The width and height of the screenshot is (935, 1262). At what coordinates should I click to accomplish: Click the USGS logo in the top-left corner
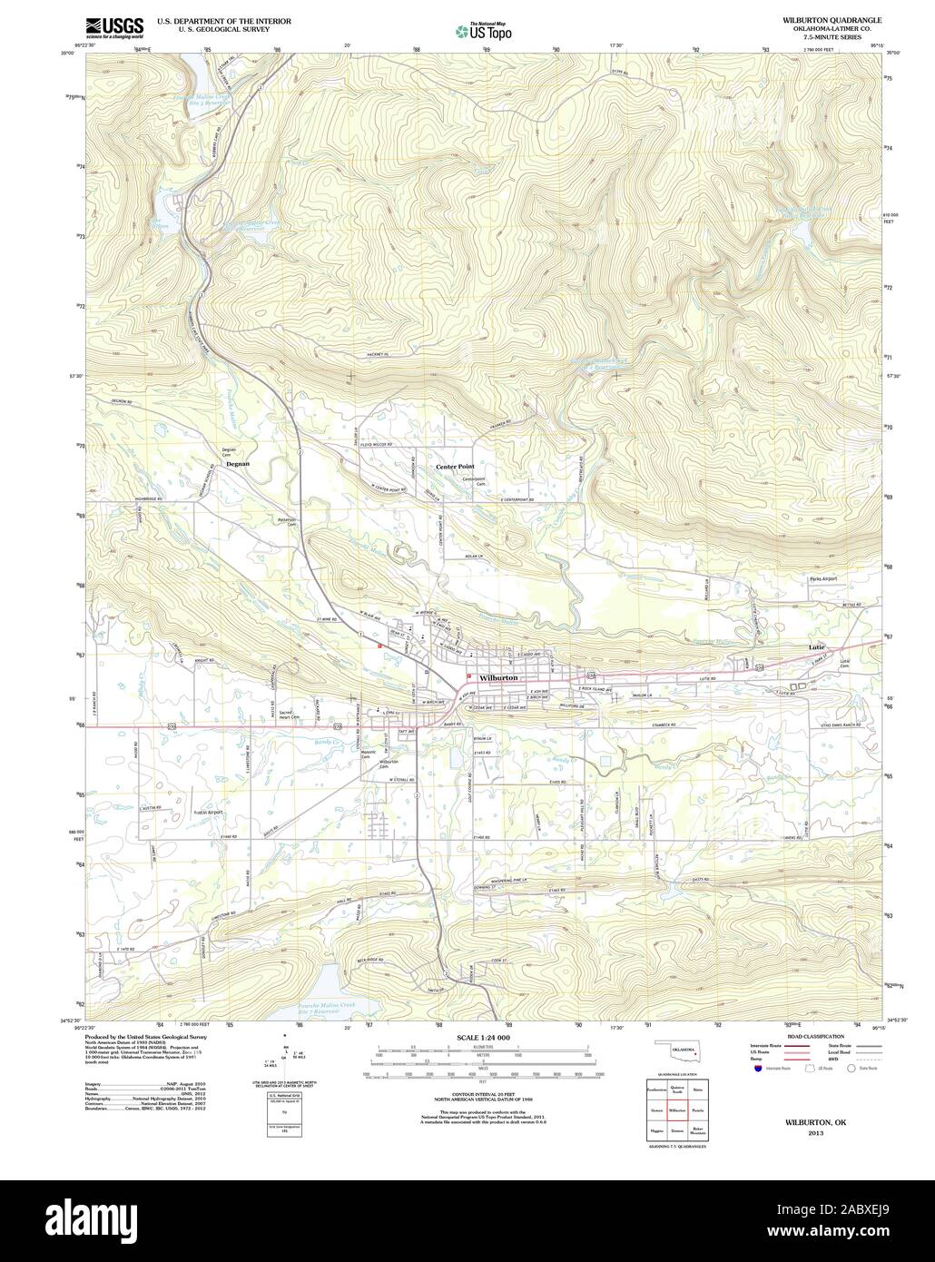[x=113, y=26]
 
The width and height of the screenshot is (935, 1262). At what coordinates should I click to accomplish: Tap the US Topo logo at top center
[x=483, y=30]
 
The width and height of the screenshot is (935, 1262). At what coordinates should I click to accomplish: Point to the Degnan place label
[x=236, y=463]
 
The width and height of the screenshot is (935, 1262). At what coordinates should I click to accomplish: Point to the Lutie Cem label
[x=848, y=663]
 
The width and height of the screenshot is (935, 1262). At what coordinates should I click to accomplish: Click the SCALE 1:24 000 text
[x=484, y=1037]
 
